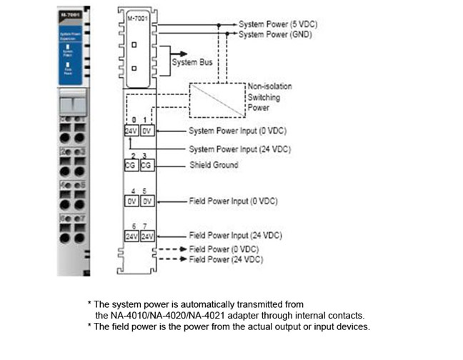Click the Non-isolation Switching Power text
pos(269,97)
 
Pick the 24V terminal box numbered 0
pos(130,131)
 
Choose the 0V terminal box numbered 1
pos(146,131)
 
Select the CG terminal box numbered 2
pos(130,165)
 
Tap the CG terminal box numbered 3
pos(146,165)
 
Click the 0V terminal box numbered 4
pos(130,201)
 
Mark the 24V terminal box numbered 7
pos(146,235)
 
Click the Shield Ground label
pos(214,165)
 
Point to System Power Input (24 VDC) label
pos(239,149)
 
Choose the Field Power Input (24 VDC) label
pos(235,235)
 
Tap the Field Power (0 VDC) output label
pos(225,249)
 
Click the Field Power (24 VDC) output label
pos(227,259)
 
